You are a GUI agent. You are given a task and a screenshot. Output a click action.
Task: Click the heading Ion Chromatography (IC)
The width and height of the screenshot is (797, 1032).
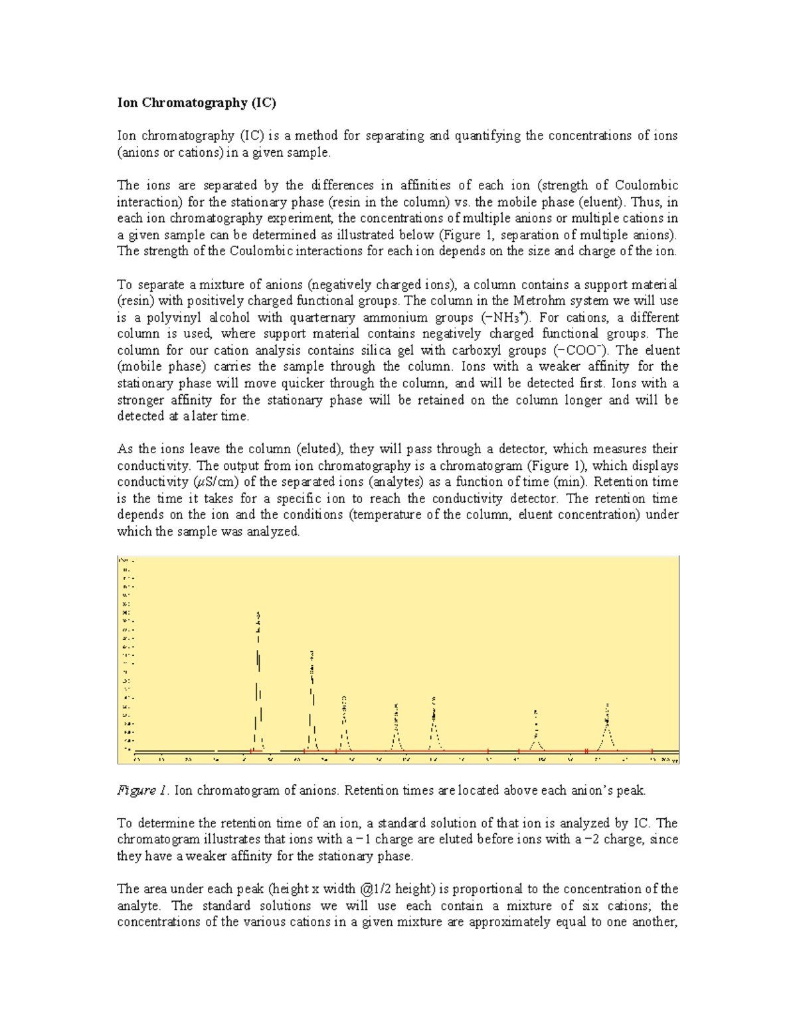pyautogui.click(x=196, y=102)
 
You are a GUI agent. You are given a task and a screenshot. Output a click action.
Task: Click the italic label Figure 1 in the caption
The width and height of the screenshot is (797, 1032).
pyautogui.click(x=142, y=790)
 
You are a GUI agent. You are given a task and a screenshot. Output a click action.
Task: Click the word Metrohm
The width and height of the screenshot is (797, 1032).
pyautogui.click(x=540, y=301)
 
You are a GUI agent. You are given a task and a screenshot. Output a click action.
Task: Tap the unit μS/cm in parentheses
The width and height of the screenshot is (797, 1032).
pyautogui.click(x=215, y=482)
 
